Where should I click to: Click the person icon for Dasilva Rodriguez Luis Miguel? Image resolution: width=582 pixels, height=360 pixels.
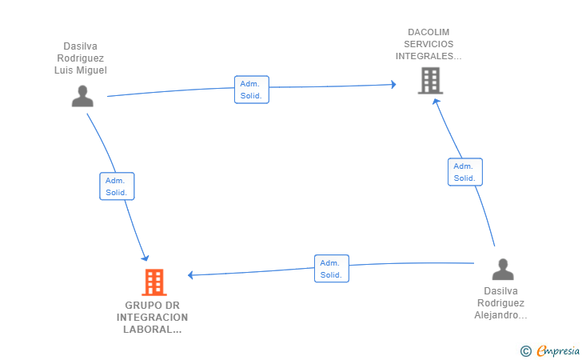click(82, 96)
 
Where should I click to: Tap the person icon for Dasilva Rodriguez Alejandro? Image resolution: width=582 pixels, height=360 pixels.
click(503, 270)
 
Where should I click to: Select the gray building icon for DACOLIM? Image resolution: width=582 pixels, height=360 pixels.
click(431, 81)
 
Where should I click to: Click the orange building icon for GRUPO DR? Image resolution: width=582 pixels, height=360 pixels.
click(154, 282)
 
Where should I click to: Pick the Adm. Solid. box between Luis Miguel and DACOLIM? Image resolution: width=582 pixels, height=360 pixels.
click(252, 90)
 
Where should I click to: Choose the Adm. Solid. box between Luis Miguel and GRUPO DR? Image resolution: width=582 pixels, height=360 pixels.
click(117, 186)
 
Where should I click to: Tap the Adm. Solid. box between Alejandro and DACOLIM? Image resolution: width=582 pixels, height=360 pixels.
click(465, 172)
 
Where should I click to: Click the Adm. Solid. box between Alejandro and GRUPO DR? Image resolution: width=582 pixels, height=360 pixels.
click(332, 269)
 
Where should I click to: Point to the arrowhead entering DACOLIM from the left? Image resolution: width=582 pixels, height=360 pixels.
click(394, 84)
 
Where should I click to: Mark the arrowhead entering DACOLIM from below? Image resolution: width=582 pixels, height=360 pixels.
click(436, 101)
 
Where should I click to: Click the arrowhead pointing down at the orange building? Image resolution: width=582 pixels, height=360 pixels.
click(145, 258)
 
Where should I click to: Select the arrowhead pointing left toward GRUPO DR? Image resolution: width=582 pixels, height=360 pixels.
click(190, 275)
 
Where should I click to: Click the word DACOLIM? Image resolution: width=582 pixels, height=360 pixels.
click(429, 32)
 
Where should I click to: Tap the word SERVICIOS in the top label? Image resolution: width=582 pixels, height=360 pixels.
click(429, 44)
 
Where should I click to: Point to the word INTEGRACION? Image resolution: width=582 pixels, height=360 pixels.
click(152, 318)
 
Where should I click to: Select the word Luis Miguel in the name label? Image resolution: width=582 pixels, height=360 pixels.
click(81, 70)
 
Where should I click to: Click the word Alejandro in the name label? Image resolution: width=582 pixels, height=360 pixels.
click(496, 315)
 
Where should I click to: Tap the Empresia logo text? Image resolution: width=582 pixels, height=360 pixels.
click(558, 350)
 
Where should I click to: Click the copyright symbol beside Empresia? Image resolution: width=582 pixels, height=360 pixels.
click(526, 351)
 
